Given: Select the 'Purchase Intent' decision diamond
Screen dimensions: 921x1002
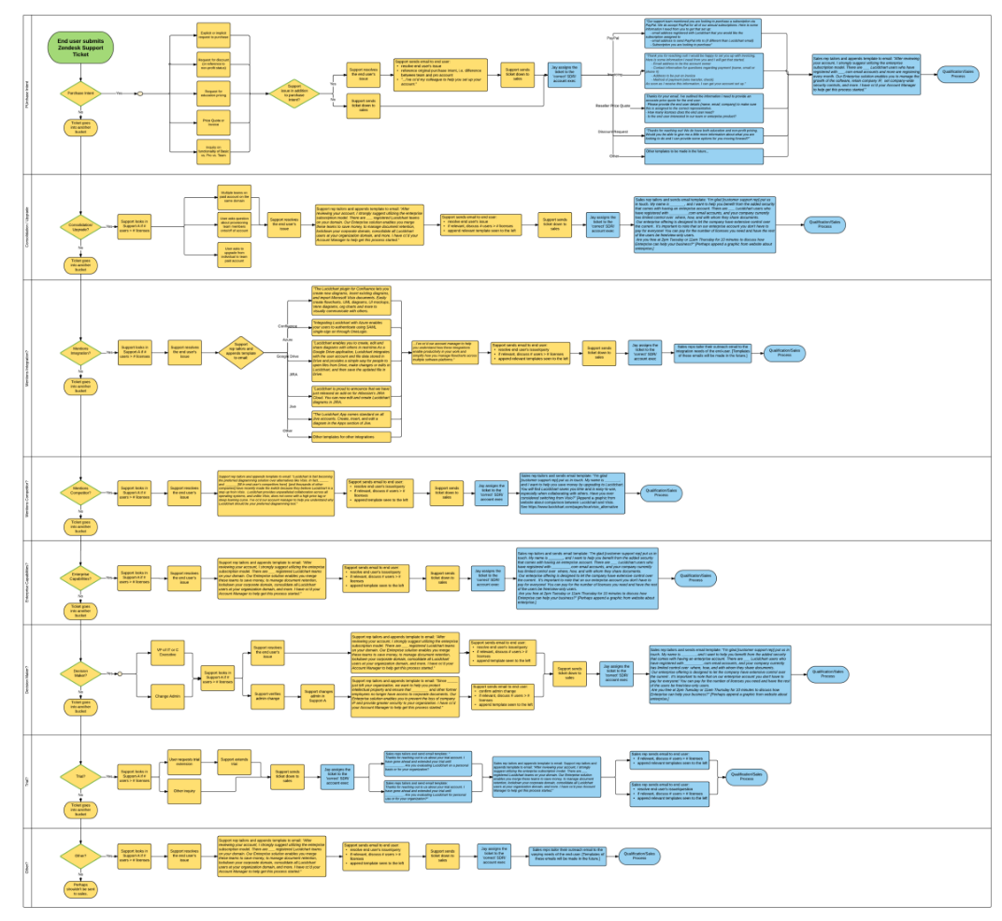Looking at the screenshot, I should click(80, 93).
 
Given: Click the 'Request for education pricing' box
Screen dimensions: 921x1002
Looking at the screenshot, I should click(211, 92).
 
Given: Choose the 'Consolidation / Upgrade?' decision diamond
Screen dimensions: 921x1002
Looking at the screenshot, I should click(80, 226).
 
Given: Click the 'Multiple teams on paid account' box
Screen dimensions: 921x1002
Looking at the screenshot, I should click(234, 197).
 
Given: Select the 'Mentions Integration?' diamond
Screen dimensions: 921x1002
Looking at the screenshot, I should click(80, 352).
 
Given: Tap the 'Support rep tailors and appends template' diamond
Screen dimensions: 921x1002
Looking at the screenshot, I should click(242, 352).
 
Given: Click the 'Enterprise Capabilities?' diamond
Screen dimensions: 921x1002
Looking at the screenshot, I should click(80, 578).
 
